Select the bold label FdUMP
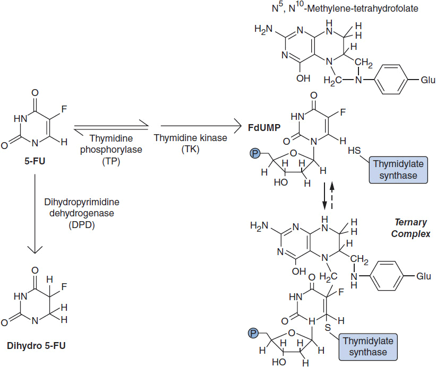tap(262, 127)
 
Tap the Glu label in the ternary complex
tap(423, 276)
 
